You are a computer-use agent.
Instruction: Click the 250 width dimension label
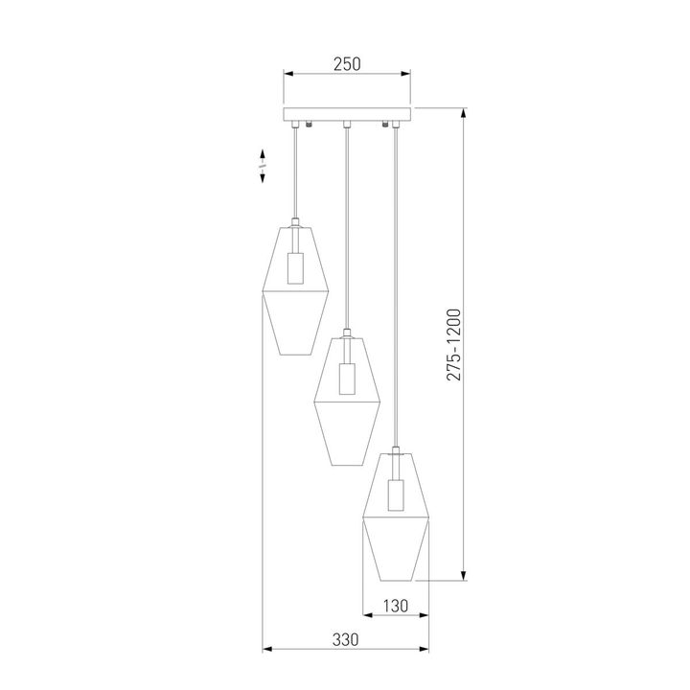coord(346,64)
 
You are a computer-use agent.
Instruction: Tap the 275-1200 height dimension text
coord(454,345)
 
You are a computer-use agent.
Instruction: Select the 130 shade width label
coord(396,606)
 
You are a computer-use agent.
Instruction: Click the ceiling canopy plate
coord(346,114)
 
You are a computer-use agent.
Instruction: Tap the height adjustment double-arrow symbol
coord(261,166)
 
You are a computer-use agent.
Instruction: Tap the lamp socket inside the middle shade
coord(347,379)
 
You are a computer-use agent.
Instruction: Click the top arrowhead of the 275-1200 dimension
coord(465,113)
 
